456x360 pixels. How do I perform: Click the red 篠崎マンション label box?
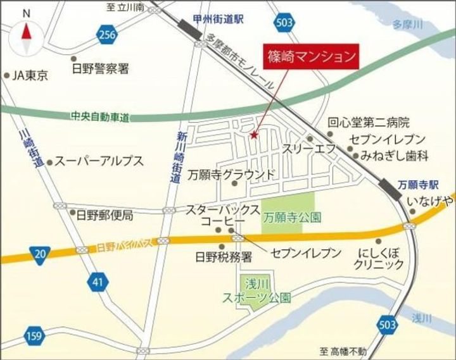pos(310,56)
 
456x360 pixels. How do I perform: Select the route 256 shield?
pos(106,35)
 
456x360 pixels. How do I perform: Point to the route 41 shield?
pos(96,282)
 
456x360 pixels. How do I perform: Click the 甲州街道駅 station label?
pos(220,20)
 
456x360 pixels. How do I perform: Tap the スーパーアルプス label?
pos(98,161)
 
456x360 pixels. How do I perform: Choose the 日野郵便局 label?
pos(104,215)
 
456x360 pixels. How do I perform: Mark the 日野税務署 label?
pos(223,258)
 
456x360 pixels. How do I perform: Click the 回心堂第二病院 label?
pos(369,123)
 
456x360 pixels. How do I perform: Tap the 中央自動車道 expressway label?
pos(100,116)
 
